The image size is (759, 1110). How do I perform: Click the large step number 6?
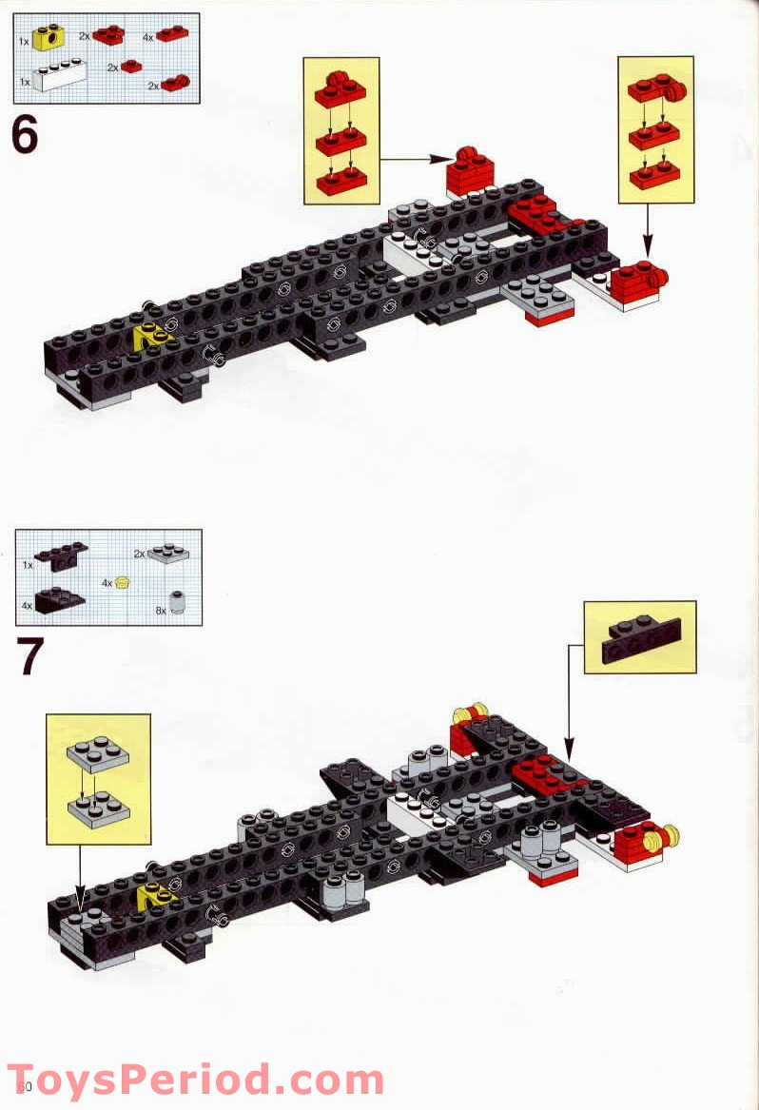[x=25, y=134]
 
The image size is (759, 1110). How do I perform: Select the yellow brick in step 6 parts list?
[x=46, y=39]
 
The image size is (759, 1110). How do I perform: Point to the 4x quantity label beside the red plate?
[x=147, y=36]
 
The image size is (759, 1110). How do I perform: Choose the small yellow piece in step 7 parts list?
[x=122, y=582]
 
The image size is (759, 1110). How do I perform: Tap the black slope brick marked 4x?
[x=60, y=600]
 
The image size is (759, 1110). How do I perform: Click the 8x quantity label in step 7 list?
[x=160, y=610]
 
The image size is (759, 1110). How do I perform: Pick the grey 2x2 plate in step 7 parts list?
[x=168, y=553]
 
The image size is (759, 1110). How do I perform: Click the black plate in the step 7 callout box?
[x=639, y=637]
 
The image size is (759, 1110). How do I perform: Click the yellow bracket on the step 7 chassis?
[x=154, y=894]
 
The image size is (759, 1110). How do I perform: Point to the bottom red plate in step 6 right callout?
[x=653, y=177]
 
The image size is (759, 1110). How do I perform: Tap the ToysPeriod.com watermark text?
[x=195, y=1081]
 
